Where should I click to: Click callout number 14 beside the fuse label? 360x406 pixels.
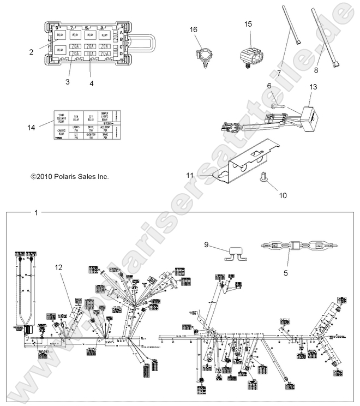click(x=32, y=127)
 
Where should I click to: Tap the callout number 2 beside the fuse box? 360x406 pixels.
click(x=32, y=52)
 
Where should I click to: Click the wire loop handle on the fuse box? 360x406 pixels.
click(x=140, y=42)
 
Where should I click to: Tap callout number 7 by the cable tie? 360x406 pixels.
click(x=279, y=73)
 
